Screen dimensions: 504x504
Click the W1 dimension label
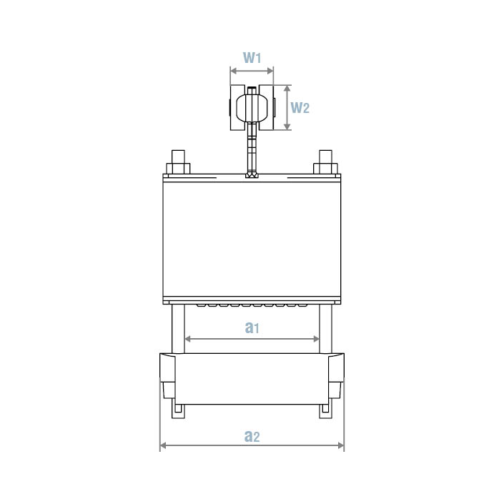pyautogui.click(x=252, y=57)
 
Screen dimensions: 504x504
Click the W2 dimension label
pyautogui.click(x=300, y=108)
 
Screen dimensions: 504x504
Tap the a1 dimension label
pyautogui.click(x=252, y=327)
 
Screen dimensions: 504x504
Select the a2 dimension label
pyautogui.click(x=252, y=435)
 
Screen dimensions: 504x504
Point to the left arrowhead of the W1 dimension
pyautogui.click(x=232, y=71)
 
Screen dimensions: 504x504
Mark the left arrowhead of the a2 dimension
pyautogui.click(x=162, y=445)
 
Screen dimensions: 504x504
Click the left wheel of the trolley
pyautogui.click(x=237, y=108)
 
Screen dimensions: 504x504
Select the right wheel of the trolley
pyautogui.click(x=267, y=108)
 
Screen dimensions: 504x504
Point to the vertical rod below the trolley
pyautogui.click(x=252, y=150)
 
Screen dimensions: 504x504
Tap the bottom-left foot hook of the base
pyautogui.click(x=178, y=410)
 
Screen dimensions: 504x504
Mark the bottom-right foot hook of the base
pyautogui.click(x=325, y=410)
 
